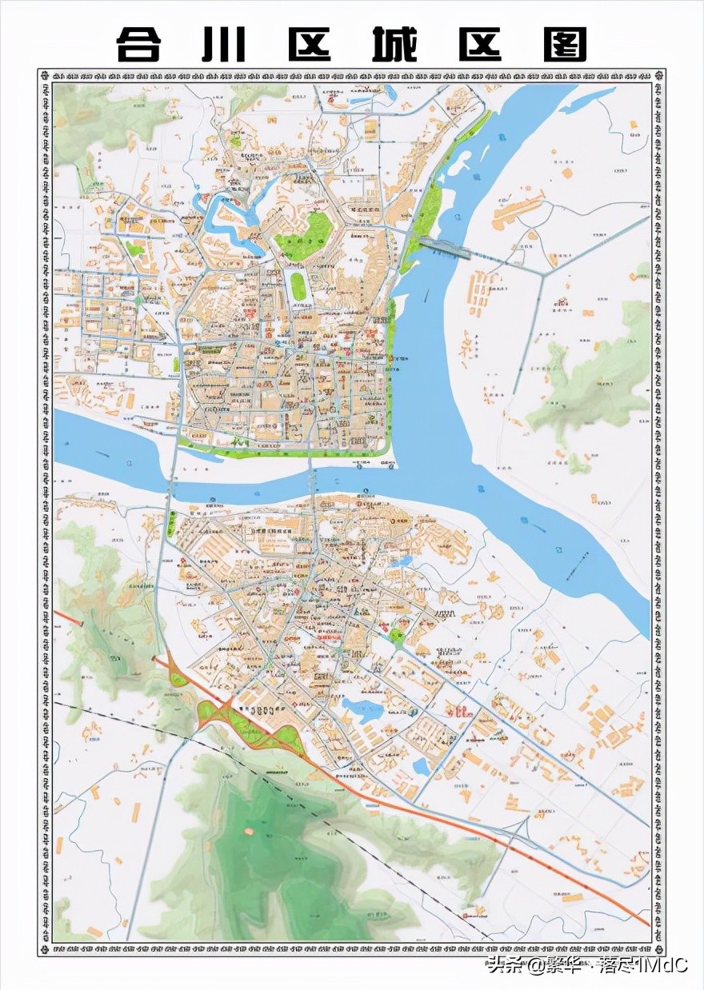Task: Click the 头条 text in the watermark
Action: click(x=505, y=965)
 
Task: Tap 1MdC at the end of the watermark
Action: click(x=661, y=965)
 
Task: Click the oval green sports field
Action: click(x=298, y=286)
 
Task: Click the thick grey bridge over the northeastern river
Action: click(x=444, y=249)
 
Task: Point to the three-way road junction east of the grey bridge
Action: click(x=544, y=274)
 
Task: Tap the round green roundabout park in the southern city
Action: click(x=398, y=637)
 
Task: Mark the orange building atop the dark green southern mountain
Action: click(x=249, y=831)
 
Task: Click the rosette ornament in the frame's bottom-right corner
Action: click(x=658, y=949)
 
